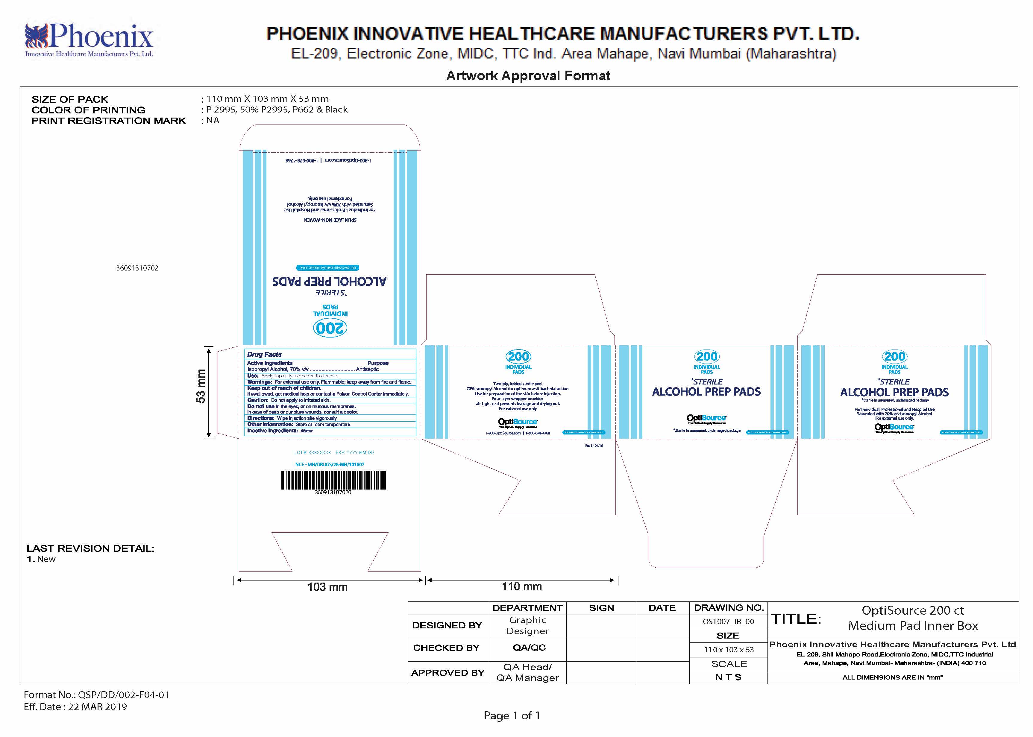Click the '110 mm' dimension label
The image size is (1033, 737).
521,586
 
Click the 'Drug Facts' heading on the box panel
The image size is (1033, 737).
264,354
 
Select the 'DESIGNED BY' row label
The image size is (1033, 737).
447,625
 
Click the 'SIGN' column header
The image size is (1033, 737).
601,608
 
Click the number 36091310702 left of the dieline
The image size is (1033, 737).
137,268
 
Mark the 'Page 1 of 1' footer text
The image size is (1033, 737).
512,716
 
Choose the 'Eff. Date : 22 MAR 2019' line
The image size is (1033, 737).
75,706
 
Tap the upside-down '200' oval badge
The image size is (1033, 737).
330,328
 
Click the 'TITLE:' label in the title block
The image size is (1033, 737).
796,619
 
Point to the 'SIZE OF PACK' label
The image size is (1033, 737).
70,99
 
